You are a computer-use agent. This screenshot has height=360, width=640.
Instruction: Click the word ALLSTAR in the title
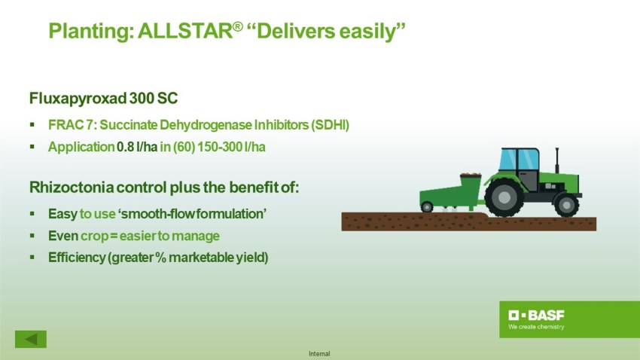coord(185,31)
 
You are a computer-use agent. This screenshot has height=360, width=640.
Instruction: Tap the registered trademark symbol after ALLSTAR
coord(237,26)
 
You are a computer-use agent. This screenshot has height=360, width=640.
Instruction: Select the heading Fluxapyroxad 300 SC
coord(104,99)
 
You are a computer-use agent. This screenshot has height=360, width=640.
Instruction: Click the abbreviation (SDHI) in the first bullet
coord(331,125)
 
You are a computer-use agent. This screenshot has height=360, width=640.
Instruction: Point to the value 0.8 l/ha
coord(137,147)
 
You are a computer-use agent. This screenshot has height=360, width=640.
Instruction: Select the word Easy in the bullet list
coord(62,214)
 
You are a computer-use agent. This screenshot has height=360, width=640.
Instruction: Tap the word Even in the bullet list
coord(62,236)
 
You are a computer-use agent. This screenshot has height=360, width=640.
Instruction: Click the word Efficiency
coord(77,258)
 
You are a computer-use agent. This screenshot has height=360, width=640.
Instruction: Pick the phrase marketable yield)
coord(218,258)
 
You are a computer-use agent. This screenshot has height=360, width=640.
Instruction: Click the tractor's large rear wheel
coord(504,197)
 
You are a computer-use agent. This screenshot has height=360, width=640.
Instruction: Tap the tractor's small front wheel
coord(566,205)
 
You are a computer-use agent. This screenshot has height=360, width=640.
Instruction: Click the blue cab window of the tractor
coord(518,159)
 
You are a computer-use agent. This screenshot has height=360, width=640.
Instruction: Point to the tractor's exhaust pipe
coord(556,160)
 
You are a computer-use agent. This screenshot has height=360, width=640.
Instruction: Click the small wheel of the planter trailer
coord(427,206)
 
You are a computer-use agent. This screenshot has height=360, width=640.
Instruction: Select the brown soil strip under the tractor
coord(468,221)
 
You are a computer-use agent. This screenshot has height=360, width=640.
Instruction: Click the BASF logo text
coord(536,315)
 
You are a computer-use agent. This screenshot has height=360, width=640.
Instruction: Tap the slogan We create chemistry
coord(536,327)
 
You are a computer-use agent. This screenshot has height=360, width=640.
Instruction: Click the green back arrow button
coord(31,339)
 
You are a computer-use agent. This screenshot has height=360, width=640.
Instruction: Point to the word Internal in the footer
coord(319,354)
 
